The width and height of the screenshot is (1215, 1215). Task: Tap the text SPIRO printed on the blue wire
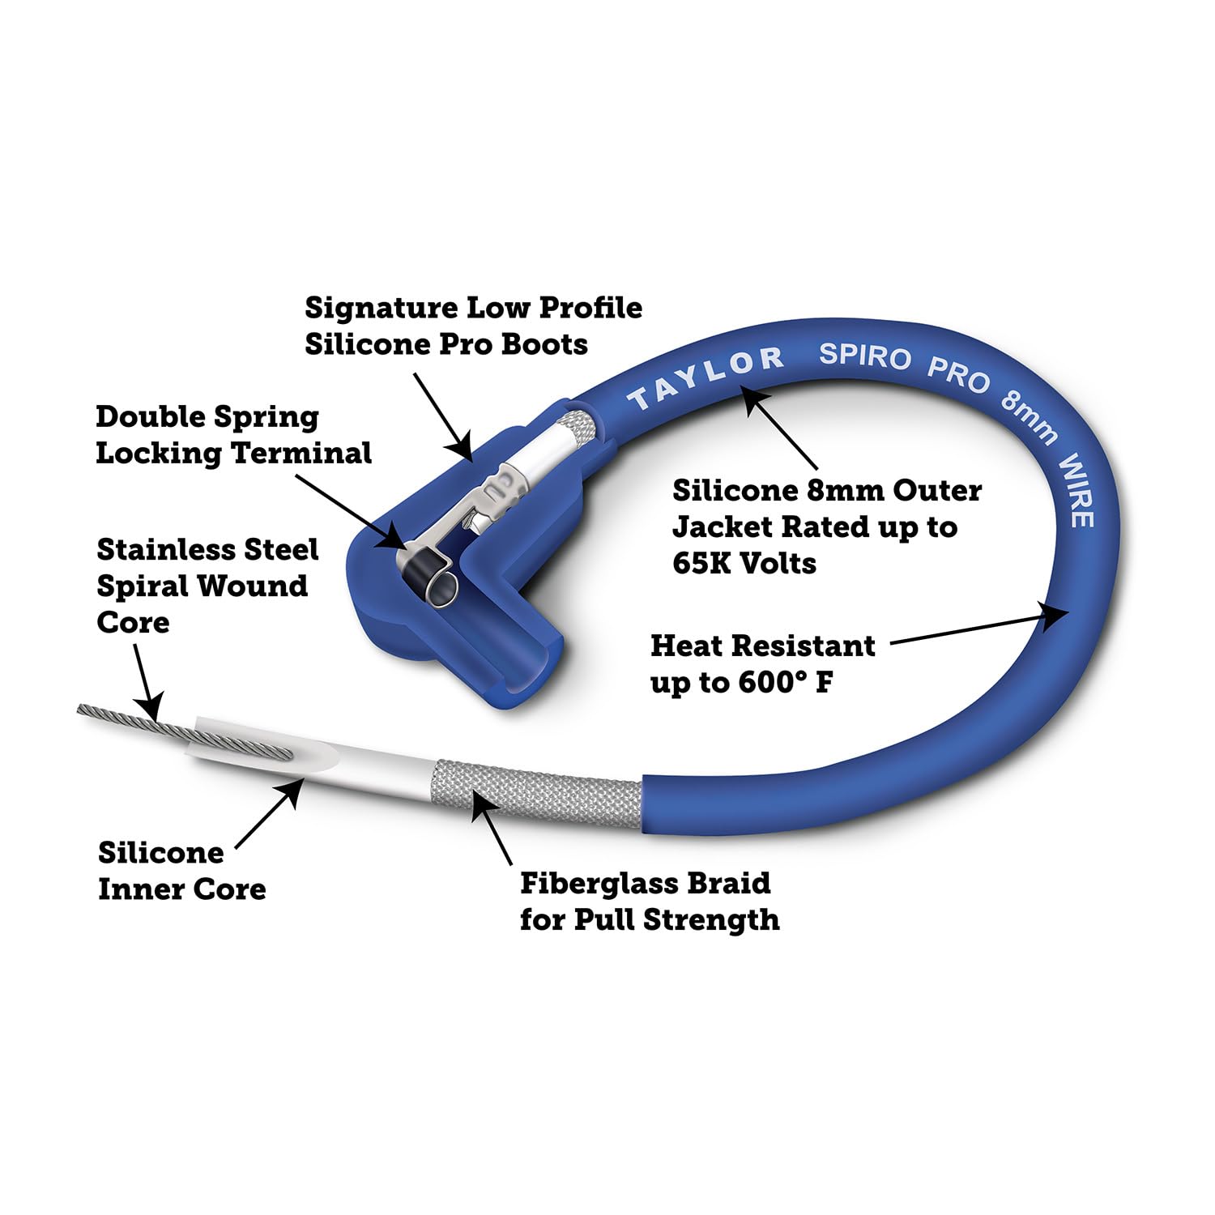coord(864,356)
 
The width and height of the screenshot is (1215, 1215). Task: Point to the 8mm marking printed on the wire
coord(1029,419)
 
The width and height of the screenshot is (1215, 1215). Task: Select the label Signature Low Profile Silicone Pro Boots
coord(473,326)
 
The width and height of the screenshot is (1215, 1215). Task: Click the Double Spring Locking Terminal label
coord(233,435)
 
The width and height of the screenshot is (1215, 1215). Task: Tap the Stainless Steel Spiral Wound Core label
coord(207,586)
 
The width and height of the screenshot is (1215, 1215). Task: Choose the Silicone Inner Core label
coord(181,871)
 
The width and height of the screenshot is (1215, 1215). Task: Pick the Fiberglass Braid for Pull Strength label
coord(649,901)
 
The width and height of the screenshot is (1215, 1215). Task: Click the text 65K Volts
coord(744,563)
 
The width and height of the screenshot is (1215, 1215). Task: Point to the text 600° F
coord(785,682)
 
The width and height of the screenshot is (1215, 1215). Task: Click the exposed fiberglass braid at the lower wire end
coord(539,794)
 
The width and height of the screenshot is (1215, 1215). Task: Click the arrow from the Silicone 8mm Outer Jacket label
coord(781,428)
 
